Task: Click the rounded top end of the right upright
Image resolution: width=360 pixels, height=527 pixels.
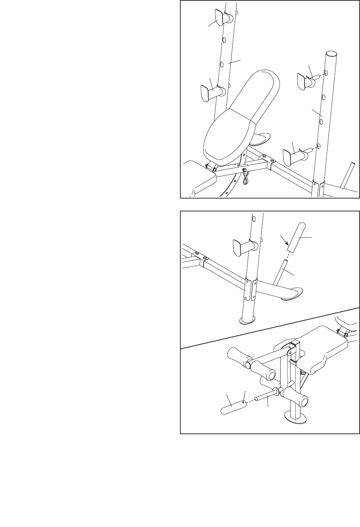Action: (331, 54)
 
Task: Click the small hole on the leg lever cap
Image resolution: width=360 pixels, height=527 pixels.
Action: (243, 402)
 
